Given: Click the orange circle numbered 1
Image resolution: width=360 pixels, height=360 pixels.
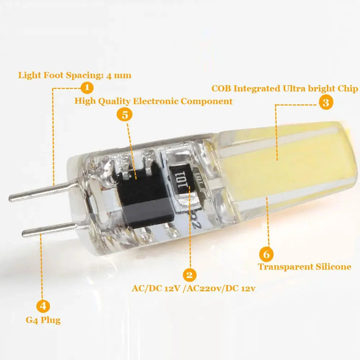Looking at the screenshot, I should [87, 88].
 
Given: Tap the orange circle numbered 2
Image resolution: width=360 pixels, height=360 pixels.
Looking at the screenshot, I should [189, 275].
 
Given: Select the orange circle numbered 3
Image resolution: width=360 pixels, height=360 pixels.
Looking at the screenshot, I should [326, 103].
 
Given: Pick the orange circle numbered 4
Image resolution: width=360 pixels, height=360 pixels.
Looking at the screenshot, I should [43, 306].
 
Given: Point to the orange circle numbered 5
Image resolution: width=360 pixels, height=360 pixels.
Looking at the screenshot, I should [125, 115].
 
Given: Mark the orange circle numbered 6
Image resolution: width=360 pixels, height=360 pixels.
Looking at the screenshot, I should [266, 255].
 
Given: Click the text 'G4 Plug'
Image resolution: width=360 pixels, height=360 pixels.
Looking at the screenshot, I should [43, 320].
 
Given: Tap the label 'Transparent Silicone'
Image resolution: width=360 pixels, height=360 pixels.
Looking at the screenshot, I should [305, 267].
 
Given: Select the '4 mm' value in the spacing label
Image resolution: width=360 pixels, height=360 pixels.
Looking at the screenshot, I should [119, 76].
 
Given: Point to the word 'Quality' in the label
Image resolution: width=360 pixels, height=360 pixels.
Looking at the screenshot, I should [114, 101].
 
